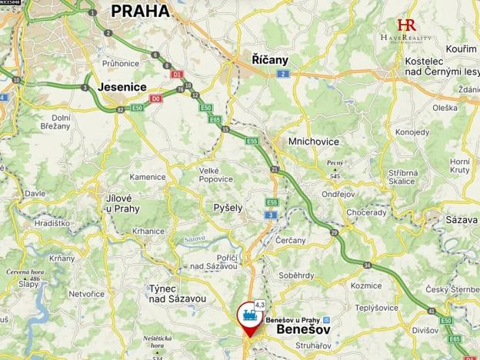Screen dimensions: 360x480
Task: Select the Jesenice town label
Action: (122, 88)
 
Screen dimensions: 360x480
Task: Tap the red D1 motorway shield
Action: (177, 75)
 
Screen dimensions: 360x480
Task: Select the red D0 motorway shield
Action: (157, 98)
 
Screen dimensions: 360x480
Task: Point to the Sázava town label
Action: (462, 220)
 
